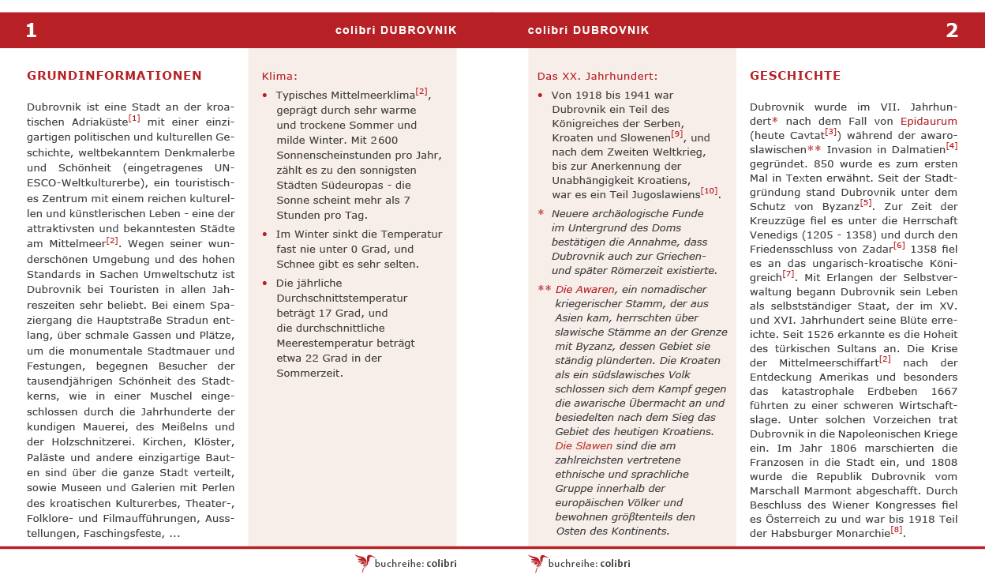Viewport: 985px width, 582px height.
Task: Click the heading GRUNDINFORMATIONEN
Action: (114, 76)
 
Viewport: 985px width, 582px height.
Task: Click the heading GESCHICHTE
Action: (795, 76)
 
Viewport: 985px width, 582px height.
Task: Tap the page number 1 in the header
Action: (32, 31)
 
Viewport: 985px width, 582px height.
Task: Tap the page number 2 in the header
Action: (952, 31)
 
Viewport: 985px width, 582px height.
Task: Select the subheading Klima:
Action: (279, 77)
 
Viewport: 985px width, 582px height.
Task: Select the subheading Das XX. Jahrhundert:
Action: (597, 77)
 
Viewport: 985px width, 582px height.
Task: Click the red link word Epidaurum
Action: (928, 122)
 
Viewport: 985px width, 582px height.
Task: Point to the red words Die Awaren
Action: (585, 290)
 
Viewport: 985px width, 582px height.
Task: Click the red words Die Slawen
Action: (583, 446)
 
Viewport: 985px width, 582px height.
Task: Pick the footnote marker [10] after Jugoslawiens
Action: (710, 191)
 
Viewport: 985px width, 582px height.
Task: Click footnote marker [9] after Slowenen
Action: (677, 134)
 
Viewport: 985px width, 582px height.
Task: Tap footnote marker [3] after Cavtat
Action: (830, 132)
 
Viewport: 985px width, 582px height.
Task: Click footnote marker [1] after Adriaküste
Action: (134, 118)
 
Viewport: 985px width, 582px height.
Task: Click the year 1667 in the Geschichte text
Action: (943, 392)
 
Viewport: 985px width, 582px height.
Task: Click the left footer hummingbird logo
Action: (364, 562)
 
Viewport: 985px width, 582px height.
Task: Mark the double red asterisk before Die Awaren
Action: (545, 289)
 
